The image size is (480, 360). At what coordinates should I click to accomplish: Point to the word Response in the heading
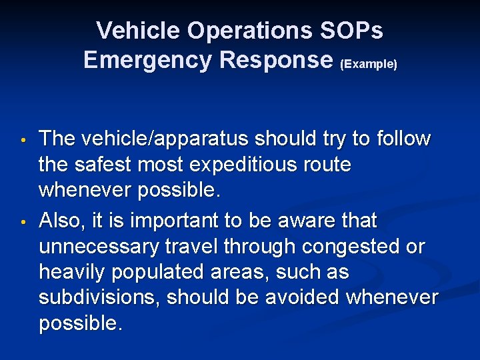(x=275, y=60)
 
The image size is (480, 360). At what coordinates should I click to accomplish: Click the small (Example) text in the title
(x=369, y=64)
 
